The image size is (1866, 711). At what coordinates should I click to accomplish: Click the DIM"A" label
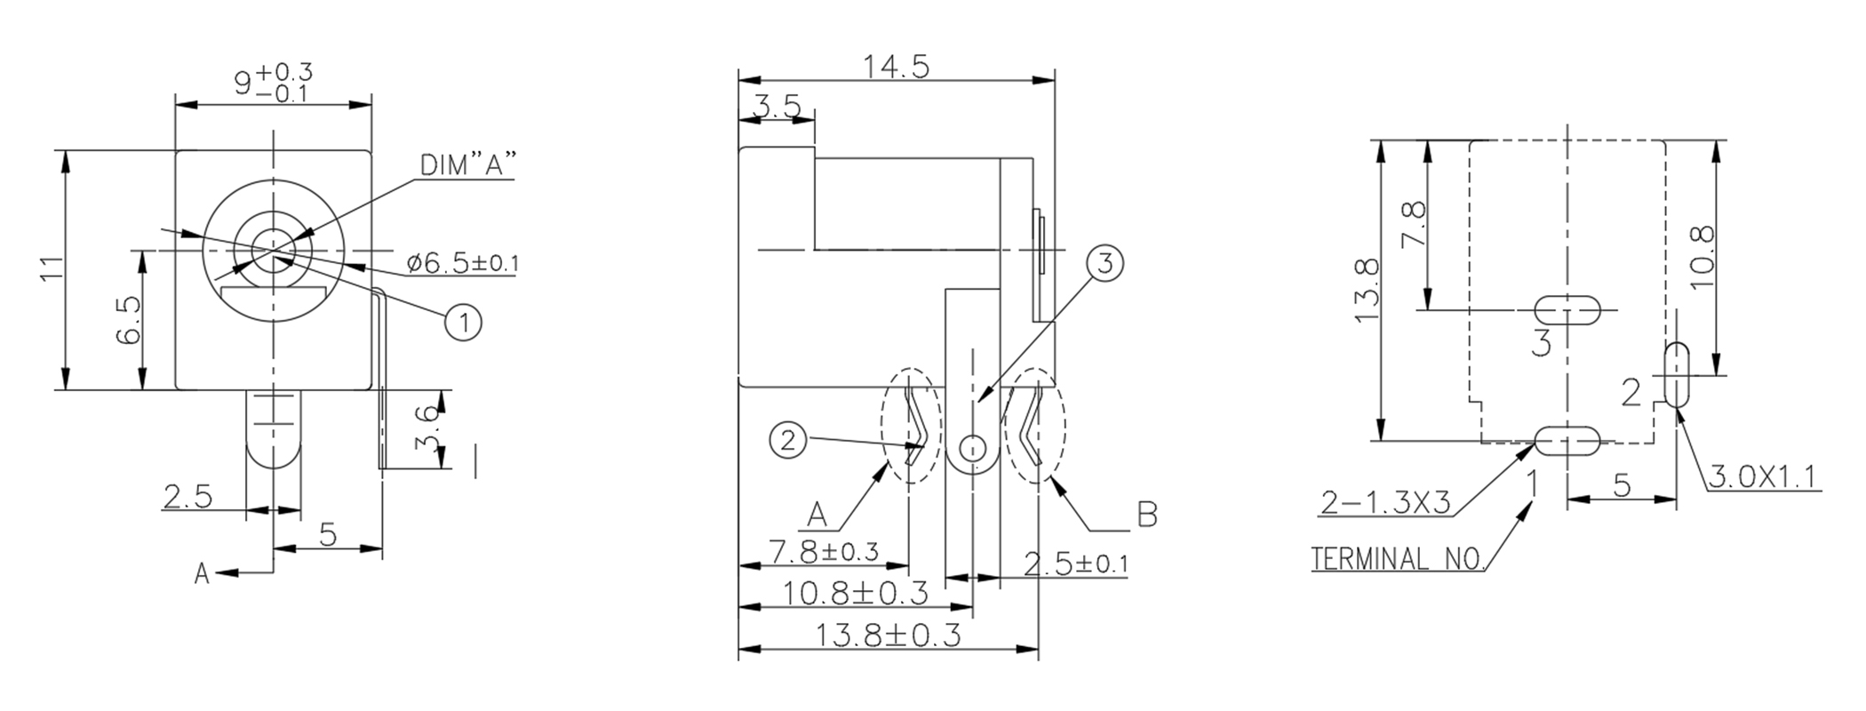(x=467, y=166)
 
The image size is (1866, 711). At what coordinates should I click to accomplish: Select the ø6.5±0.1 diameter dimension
(x=462, y=263)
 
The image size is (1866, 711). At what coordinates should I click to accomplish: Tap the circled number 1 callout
(x=463, y=322)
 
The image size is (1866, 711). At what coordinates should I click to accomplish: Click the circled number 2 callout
(x=788, y=439)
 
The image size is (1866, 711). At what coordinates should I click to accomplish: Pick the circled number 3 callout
(x=1105, y=263)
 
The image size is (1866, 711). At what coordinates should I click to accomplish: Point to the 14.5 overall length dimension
(x=896, y=67)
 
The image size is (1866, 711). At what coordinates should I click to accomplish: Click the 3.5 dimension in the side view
(x=777, y=108)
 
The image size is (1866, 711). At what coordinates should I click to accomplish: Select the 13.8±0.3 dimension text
(x=889, y=635)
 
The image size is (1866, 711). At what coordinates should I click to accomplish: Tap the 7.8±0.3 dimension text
(x=824, y=552)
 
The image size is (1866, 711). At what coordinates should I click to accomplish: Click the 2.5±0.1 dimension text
(x=1076, y=563)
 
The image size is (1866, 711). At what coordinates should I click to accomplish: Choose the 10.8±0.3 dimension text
(x=855, y=592)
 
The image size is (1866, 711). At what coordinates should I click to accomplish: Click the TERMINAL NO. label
(x=1398, y=559)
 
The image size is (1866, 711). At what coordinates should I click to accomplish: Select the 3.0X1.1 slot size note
(x=1764, y=477)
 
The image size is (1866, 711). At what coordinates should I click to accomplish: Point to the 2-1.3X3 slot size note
(x=1385, y=504)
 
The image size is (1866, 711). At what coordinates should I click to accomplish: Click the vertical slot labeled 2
(x=1677, y=374)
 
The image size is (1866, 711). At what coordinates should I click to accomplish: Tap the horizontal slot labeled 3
(x=1568, y=309)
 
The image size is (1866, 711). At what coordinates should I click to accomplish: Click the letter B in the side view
(x=1147, y=515)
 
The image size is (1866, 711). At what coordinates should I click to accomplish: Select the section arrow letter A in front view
(x=203, y=574)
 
